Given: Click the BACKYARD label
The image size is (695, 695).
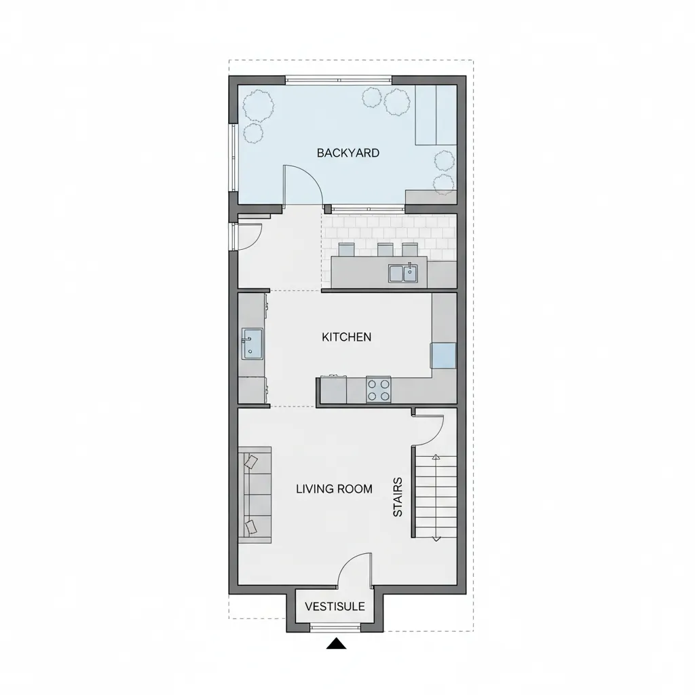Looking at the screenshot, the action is tap(348, 153).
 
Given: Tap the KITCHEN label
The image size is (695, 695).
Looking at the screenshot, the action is tap(347, 337).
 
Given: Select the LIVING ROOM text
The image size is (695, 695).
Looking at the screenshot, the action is tap(334, 489).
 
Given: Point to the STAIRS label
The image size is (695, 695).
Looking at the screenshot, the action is tap(398, 497).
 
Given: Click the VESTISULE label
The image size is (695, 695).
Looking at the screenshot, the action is tap(335, 606).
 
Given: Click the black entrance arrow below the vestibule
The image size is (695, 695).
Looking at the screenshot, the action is tap(336, 643).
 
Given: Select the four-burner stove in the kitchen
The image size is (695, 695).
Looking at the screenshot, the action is tap(379, 390).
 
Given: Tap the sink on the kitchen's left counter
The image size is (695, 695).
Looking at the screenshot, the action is tap(252, 344).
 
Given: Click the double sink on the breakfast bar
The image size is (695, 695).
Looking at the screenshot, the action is tap(403, 273).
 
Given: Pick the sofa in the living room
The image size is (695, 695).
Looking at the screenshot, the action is tap(255, 495).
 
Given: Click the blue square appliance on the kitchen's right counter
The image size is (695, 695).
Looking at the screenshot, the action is tap(443, 356).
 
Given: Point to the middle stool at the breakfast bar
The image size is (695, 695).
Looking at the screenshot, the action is tap(386, 250).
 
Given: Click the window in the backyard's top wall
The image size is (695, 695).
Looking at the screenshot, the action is tap(339, 80).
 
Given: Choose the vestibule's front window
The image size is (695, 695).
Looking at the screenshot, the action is tap(335, 627).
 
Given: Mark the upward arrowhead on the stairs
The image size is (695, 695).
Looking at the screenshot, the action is tap(436, 457).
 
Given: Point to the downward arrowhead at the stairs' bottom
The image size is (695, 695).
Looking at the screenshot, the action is tap(436, 538).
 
